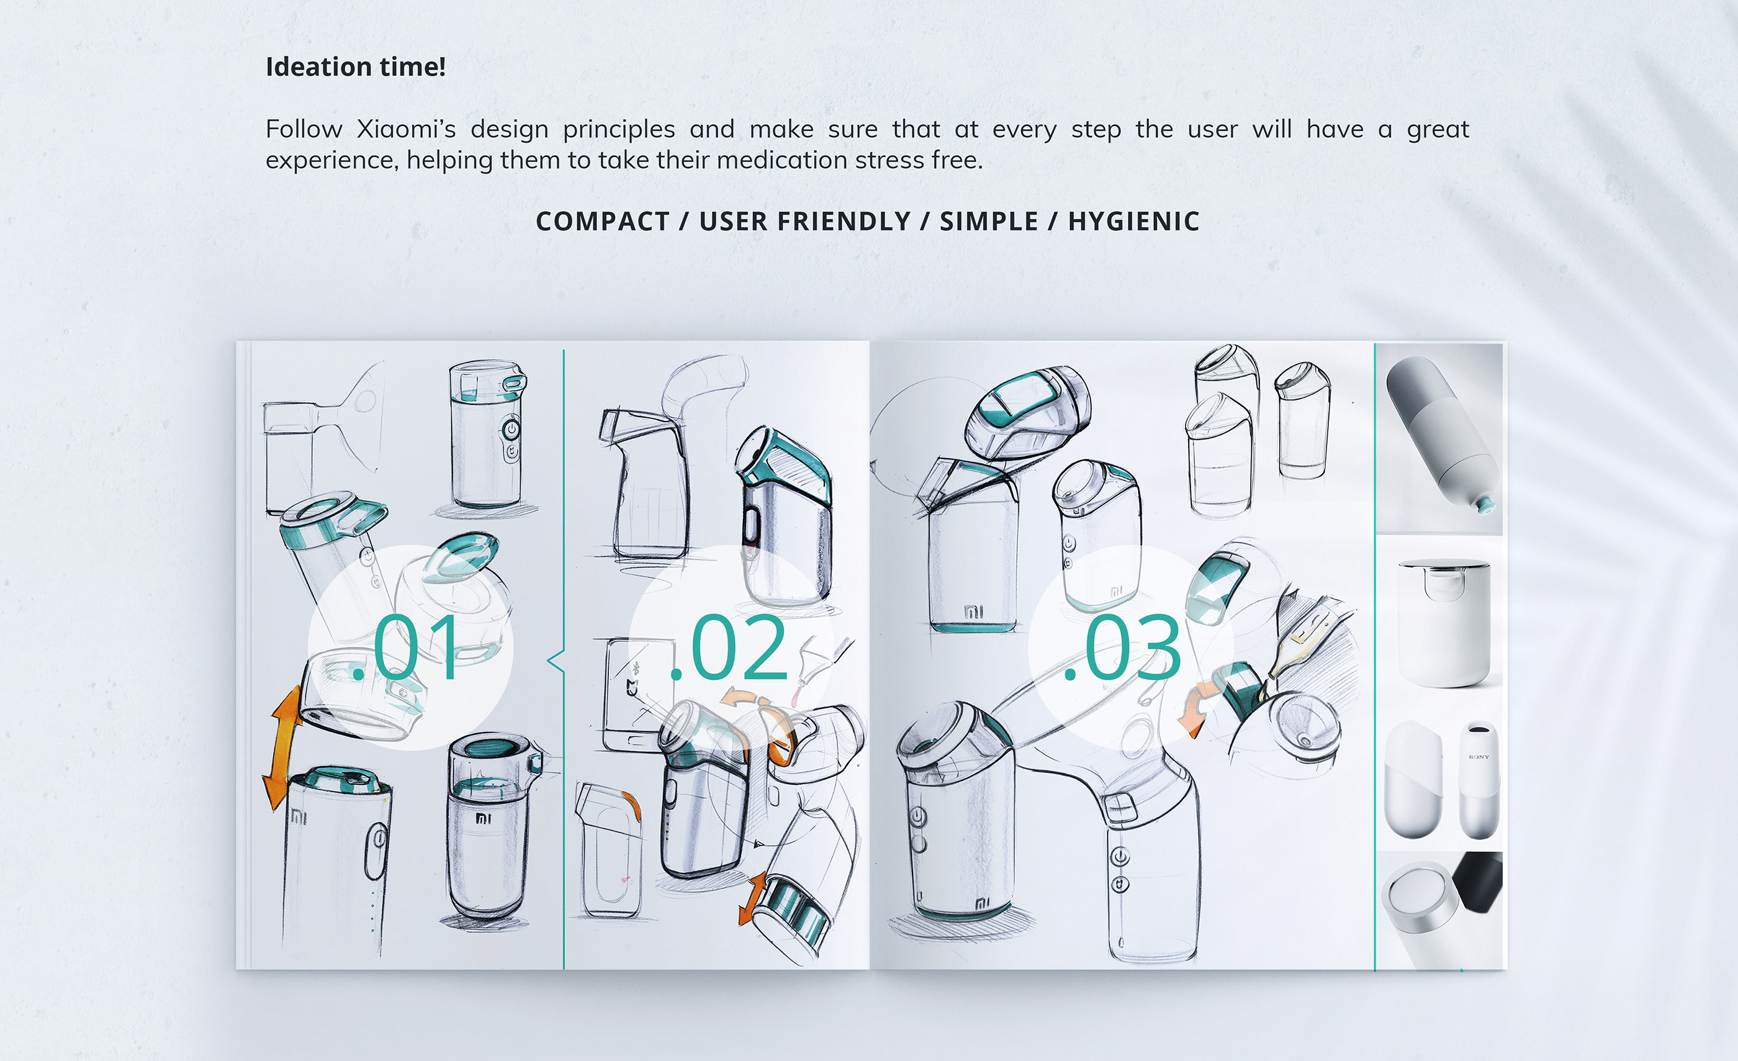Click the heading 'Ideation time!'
pyautogui.click(x=355, y=67)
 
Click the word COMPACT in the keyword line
pyautogui.click(x=602, y=222)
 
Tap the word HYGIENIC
pyautogui.click(x=1133, y=222)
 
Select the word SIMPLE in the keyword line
pyautogui.click(x=988, y=222)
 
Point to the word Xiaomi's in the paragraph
pyautogui.click(x=405, y=130)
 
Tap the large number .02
pyautogui.click(x=730, y=648)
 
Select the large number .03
pyautogui.click(x=1123, y=648)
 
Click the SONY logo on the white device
pyautogui.click(x=1479, y=757)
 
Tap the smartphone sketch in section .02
pyautogui.click(x=630, y=695)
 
